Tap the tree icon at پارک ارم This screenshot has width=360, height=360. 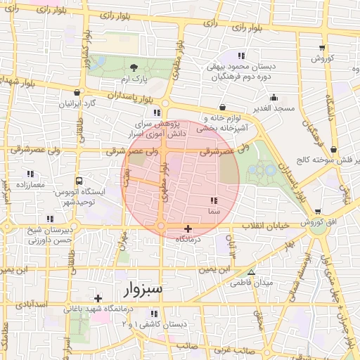point(134,67)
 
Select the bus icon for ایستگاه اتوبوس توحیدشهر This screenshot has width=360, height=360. point(79,181)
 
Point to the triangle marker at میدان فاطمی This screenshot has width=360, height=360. point(251,273)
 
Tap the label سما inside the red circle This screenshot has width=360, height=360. point(213,211)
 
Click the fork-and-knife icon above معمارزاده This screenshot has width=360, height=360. point(30,174)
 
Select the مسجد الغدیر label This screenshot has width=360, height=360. point(274,109)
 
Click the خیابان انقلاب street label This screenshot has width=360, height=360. point(271,225)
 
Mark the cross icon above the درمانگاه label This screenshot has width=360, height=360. point(188,229)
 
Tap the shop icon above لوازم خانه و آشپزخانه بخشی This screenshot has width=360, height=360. point(222,108)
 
